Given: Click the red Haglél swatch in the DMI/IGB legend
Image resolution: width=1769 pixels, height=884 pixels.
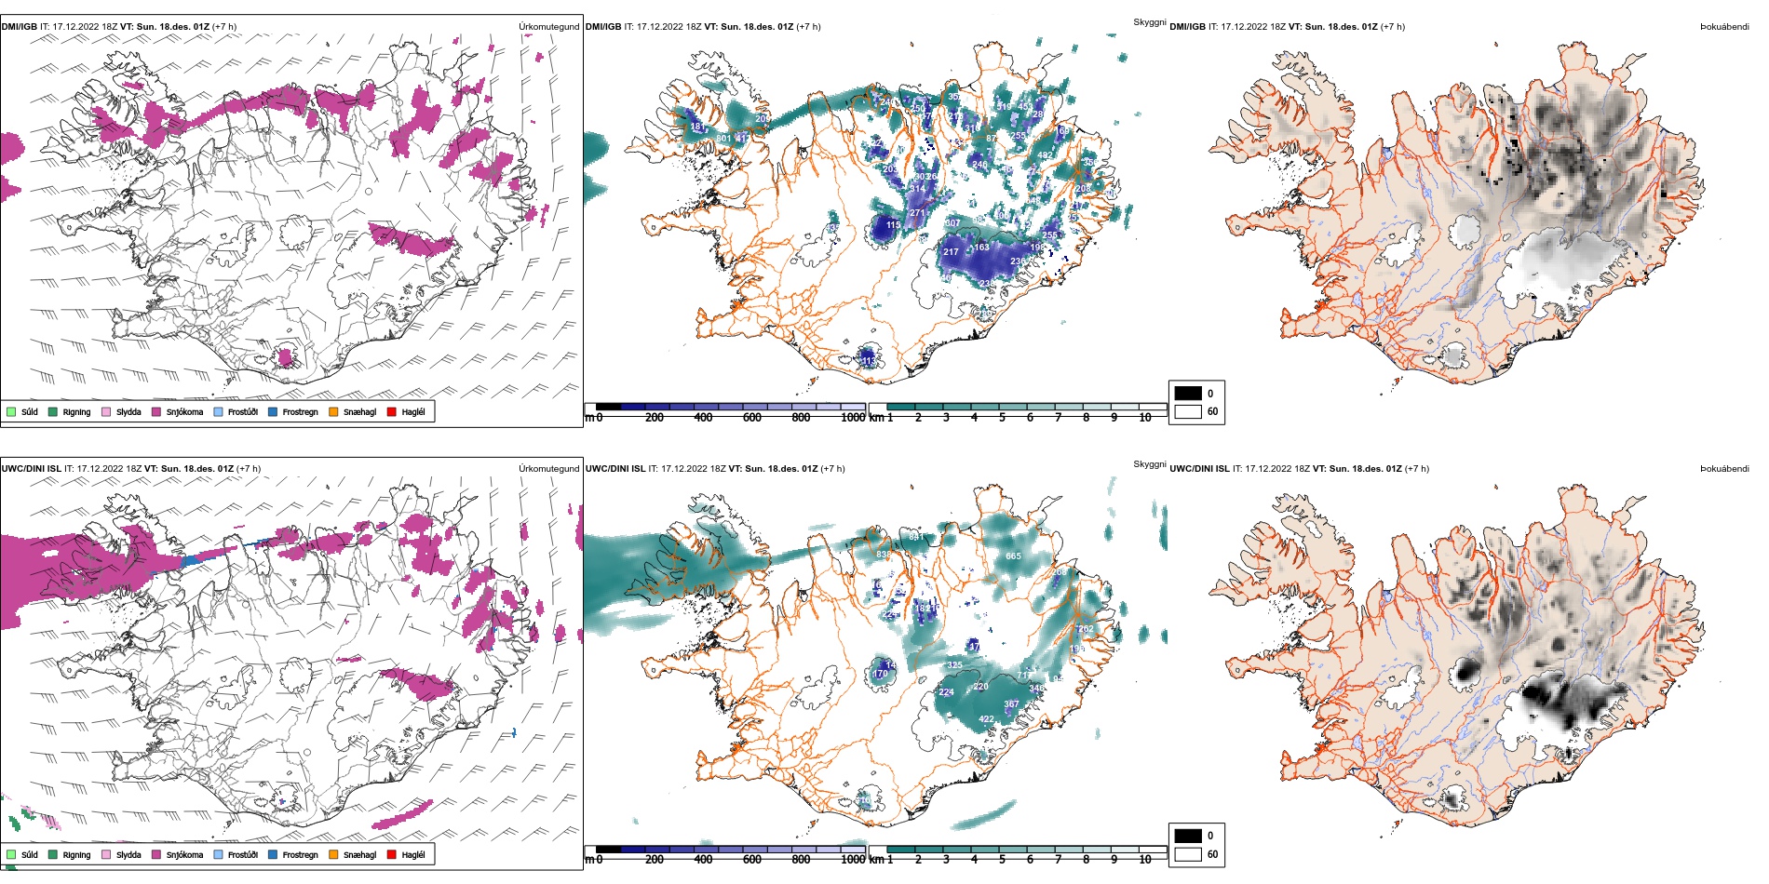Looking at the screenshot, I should pyautogui.click(x=392, y=411).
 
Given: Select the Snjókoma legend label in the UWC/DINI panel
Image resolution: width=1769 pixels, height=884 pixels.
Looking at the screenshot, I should pyautogui.click(x=184, y=854).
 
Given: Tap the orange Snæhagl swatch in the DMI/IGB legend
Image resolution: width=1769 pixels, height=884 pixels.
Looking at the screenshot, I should pyautogui.click(x=333, y=411).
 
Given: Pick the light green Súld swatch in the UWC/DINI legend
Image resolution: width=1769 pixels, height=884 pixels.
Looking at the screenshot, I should pyautogui.click(x=11, y=854).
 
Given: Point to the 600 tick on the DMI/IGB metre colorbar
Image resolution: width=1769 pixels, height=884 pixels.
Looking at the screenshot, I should pyautogui.click(x=752, y=418).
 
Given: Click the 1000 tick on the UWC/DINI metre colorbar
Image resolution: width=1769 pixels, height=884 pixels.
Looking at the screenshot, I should pyautogui.click(x=853, y=860).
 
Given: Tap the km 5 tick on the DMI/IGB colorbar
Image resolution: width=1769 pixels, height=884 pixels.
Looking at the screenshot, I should pyautogui.click(x=1002, y=418).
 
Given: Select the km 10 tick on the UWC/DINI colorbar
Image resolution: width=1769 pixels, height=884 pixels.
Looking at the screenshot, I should pyautogui.click(x=1145, y=860).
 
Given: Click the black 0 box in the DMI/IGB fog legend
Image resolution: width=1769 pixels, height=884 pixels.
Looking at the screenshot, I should pyautogui.click(x=1188, y=393).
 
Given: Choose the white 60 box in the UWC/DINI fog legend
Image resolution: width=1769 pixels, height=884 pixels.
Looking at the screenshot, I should pyautogui.click(x=1188, y=854).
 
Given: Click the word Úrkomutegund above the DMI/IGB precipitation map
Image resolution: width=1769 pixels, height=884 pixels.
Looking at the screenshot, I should pyautogui.click(x=548, y=27).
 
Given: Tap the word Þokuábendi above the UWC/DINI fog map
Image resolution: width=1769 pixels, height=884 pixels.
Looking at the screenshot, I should pyautogui.click(x=1724, y=469).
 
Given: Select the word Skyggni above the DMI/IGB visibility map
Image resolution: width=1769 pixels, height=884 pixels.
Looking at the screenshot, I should pyautogui.click(x=1149, y=22).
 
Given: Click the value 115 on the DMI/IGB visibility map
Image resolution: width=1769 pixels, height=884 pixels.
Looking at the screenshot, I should pyautogui.click(x=893, y=225).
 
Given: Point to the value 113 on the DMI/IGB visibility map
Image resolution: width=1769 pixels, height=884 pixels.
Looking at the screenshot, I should pyautogui.click(x=867, y=360).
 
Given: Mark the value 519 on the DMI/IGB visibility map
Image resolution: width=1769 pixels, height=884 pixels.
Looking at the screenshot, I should pyautogui.click(x=1004, y=107).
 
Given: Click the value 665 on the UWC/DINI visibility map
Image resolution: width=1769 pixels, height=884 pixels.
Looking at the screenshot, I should pyautogui.click(x=1013, y=556).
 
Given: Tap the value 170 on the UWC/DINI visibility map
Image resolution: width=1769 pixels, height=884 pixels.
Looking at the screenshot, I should pyautogui.click(x=880, y=674).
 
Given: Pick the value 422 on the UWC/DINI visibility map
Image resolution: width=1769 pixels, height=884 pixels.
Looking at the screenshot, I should pyautogui.click(x=986, y=719).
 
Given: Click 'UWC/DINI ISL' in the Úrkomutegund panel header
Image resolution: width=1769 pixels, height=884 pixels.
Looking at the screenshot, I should pyautogui.click(x=32, y=469).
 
